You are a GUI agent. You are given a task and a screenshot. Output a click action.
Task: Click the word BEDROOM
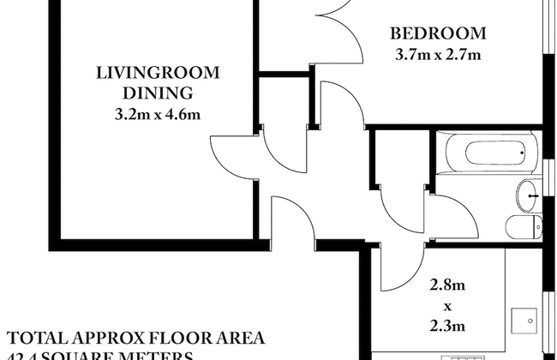click(x=438, y=34)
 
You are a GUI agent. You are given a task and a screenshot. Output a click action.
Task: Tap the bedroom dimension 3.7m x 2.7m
click(x=438, y=56)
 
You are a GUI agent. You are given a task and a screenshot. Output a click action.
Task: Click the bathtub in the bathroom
click(x=490, y=154)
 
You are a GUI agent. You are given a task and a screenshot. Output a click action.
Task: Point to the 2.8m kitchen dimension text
click(x=445, y=285)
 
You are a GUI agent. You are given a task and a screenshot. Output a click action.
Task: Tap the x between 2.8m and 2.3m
click(x=445, y=305)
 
